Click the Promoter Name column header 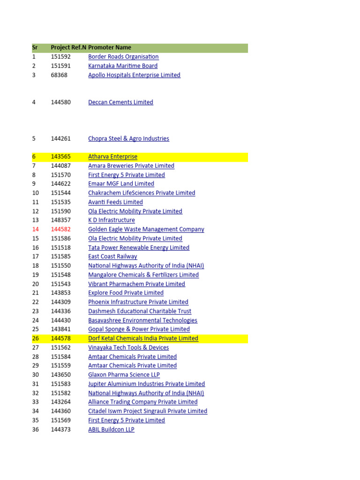click(110, 47)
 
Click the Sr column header click(35, 47)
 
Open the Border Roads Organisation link click(123, 57)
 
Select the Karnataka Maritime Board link click(123, 66)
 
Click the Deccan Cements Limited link click(120, 102)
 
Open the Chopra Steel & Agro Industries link click(128, 138)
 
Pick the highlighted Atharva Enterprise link click(112, 157)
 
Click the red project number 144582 click(61, 229)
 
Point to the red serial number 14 click(36, 229)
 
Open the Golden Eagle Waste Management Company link click(146, 229)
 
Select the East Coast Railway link click(112, 256)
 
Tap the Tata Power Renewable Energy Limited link click(139, 247)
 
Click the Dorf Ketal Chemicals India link click(143, 338)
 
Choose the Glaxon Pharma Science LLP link click(124, 375)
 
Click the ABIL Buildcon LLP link click(111, 429)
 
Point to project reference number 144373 click(61, 429)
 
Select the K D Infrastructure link click(112, 220)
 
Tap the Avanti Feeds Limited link click(115, 202)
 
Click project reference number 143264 click(61, 402)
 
